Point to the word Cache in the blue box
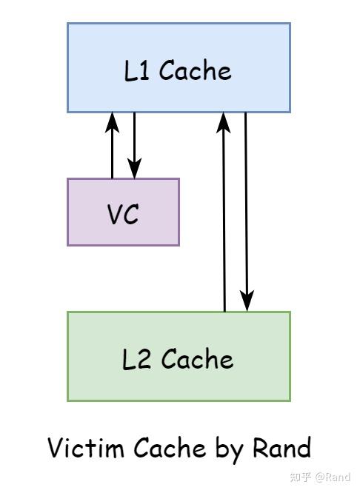[x=195, y=71]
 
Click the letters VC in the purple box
[x=123, y=214]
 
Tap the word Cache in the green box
[x=196, y=360]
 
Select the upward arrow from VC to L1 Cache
[x=112, y=148]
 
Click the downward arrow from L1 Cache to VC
[x=134, y=144]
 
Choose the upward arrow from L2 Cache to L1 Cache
[x=224, y=215]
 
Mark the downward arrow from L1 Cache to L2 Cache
[x=247, y=211]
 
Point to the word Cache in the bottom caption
[x=169, y=449]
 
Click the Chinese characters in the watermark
[x=299, y=477]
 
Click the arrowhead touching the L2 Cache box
[x=247, y=302]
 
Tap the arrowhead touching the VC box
[x=134, y=170]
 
